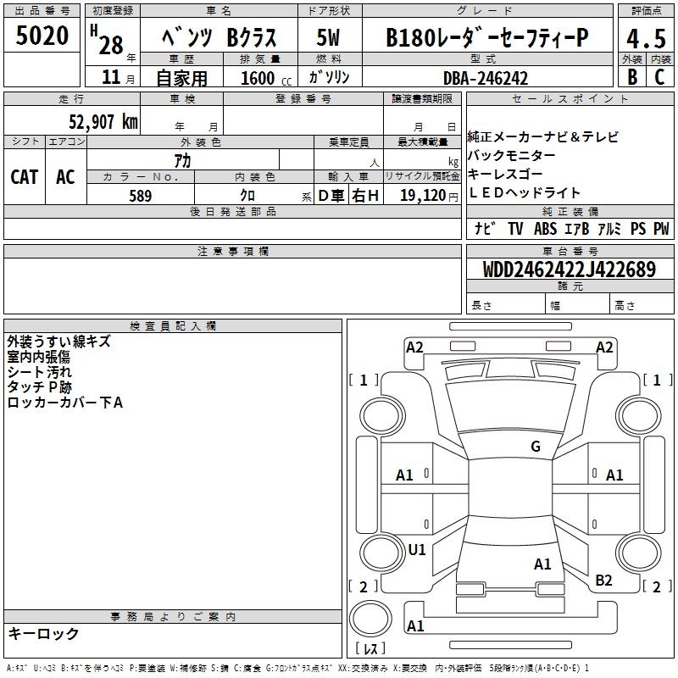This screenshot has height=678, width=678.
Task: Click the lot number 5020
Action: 42,36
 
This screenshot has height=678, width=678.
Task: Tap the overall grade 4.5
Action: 646,38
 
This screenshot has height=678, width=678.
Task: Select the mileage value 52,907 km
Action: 103,122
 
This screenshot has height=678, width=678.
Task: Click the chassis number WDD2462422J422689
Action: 570,270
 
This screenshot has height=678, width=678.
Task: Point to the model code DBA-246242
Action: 486,78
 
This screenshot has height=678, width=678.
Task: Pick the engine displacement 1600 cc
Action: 266,78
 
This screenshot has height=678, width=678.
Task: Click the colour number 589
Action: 141,196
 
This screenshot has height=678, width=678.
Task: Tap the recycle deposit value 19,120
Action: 423,195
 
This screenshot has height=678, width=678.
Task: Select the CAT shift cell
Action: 25,177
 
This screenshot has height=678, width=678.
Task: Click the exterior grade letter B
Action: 632,77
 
